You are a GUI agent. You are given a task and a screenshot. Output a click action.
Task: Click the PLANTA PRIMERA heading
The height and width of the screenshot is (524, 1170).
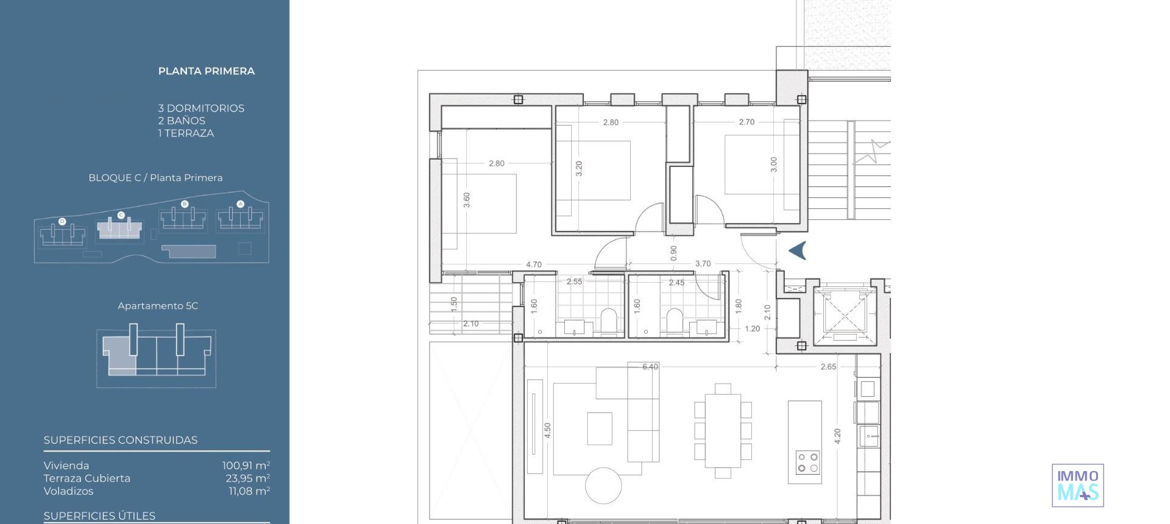click(x=206, y=71)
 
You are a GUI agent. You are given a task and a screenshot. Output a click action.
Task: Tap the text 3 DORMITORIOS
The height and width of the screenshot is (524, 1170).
click(x=201, y=108)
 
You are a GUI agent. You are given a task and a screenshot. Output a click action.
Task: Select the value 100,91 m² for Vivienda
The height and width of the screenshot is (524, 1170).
click(x=246, y=466)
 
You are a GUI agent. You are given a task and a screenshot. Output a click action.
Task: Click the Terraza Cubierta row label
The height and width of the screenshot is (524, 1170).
click(x=87, y=478)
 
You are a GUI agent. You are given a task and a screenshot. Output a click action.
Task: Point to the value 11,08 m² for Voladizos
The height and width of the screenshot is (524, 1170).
click(x=249, y=491)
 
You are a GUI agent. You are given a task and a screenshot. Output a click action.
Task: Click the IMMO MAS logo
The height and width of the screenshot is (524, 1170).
click(x=1077, y=485)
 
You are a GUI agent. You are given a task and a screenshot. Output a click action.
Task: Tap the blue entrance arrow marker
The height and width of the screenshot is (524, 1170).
click(x=798, y=250)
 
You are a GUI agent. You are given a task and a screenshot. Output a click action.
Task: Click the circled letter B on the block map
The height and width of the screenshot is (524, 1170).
click(x=185, y=204)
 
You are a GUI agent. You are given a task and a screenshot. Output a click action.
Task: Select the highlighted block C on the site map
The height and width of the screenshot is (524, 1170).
click(x=120, y=230)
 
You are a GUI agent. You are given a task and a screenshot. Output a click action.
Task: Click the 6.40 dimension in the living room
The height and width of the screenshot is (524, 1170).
click(x=650, y=367)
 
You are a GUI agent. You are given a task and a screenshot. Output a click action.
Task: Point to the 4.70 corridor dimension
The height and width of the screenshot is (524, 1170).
click(x=533, y=264)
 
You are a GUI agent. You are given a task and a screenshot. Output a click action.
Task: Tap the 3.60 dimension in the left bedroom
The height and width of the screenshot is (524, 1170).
click(x=467, y=200)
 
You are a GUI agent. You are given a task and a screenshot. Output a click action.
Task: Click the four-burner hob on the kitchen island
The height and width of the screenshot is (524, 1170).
click(x=808, y=462)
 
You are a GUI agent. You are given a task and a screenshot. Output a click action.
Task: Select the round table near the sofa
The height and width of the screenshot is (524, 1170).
click(x=603, y=486)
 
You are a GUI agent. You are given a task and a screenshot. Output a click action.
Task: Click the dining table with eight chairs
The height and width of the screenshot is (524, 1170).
click(x=723, y=431)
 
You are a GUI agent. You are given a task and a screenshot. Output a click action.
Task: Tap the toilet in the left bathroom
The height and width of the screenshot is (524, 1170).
click(x=609, y=321)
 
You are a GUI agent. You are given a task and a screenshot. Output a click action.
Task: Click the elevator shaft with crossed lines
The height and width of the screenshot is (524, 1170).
click(x=844, y=315)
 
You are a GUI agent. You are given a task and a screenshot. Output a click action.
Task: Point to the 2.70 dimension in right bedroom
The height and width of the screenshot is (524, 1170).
click(x=746, y=122)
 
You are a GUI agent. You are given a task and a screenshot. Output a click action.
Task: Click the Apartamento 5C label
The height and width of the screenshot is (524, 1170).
click(x=158, y=306)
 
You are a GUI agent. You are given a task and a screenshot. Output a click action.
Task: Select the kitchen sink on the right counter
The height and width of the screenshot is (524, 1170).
click(x=868, y=436)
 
